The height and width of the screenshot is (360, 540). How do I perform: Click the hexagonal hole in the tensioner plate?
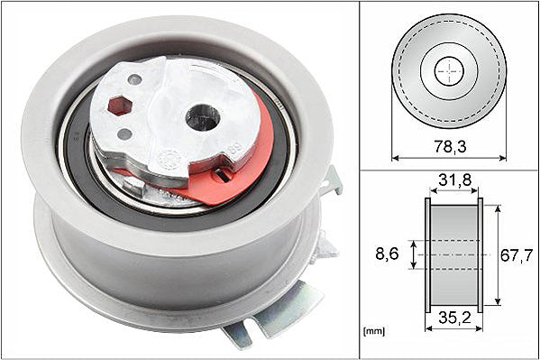(x=117, y=106)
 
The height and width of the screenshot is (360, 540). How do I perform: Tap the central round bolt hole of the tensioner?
(x=203, y=116)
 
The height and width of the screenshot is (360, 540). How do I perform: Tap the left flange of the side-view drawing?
(x=427, y=255)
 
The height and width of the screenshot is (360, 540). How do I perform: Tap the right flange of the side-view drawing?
(x=480, y=255)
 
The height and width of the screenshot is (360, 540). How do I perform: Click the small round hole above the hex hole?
(x=134, y=80)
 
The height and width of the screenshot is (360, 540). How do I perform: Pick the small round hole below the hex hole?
(x=124, y=134)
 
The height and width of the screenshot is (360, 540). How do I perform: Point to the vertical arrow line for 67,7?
(x=495, y=255)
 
